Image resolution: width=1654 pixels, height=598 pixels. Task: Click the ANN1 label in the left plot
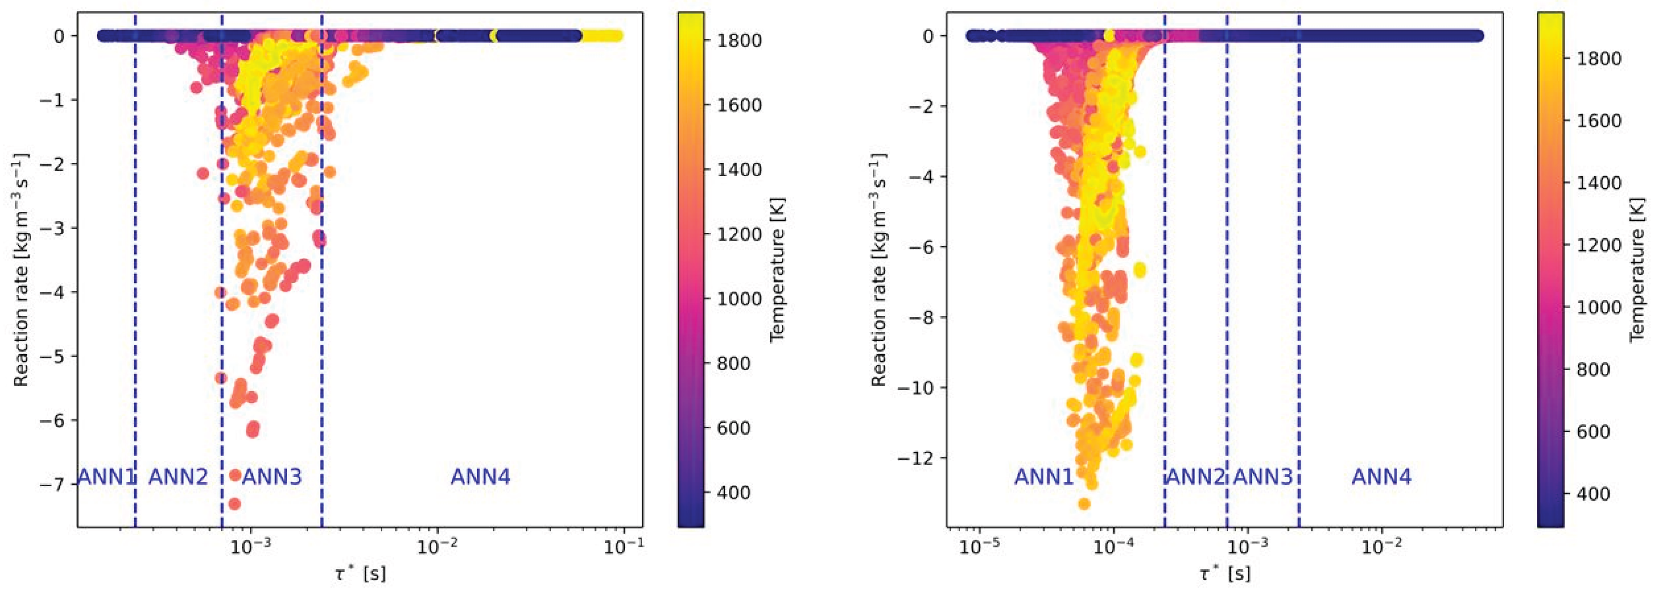tap(106, 477)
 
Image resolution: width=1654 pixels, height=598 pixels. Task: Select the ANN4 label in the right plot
tap(1381, 477)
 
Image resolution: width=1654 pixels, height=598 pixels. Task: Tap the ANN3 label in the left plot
tap(271, 477)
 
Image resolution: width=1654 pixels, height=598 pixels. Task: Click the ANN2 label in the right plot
tap(1195, 477)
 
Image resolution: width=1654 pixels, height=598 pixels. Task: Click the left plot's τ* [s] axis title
tap(360, 573)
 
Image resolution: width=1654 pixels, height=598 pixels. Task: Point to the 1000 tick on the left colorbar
tap(739, 299)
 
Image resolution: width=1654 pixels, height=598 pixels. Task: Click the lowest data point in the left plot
tap(234, 504)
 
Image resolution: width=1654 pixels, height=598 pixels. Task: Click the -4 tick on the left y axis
tap(57, 292)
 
